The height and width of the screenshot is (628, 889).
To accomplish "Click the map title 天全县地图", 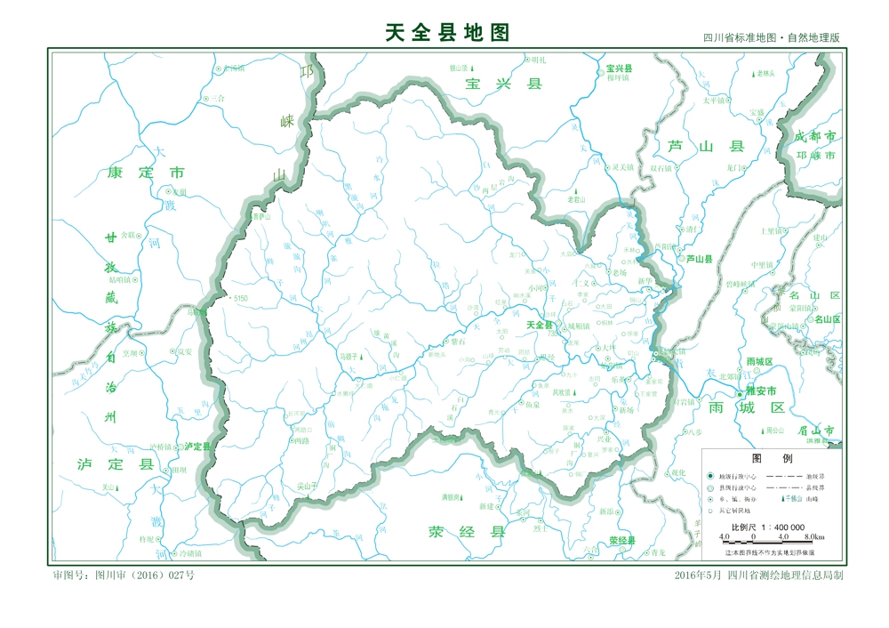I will pyautogui.click(x=447, y=33).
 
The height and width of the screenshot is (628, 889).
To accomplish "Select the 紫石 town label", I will pyautogui.click(x=458, y=341).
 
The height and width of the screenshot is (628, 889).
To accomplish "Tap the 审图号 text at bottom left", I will pyautogui.click(x=124, y=576).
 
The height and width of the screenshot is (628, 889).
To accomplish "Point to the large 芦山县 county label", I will pyautogui.click(x=706, y=146).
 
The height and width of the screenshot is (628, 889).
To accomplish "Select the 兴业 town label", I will pyautogui.click(x=605, y=439).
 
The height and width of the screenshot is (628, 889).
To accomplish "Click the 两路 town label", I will pyautogui.click(x=300, y=440).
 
